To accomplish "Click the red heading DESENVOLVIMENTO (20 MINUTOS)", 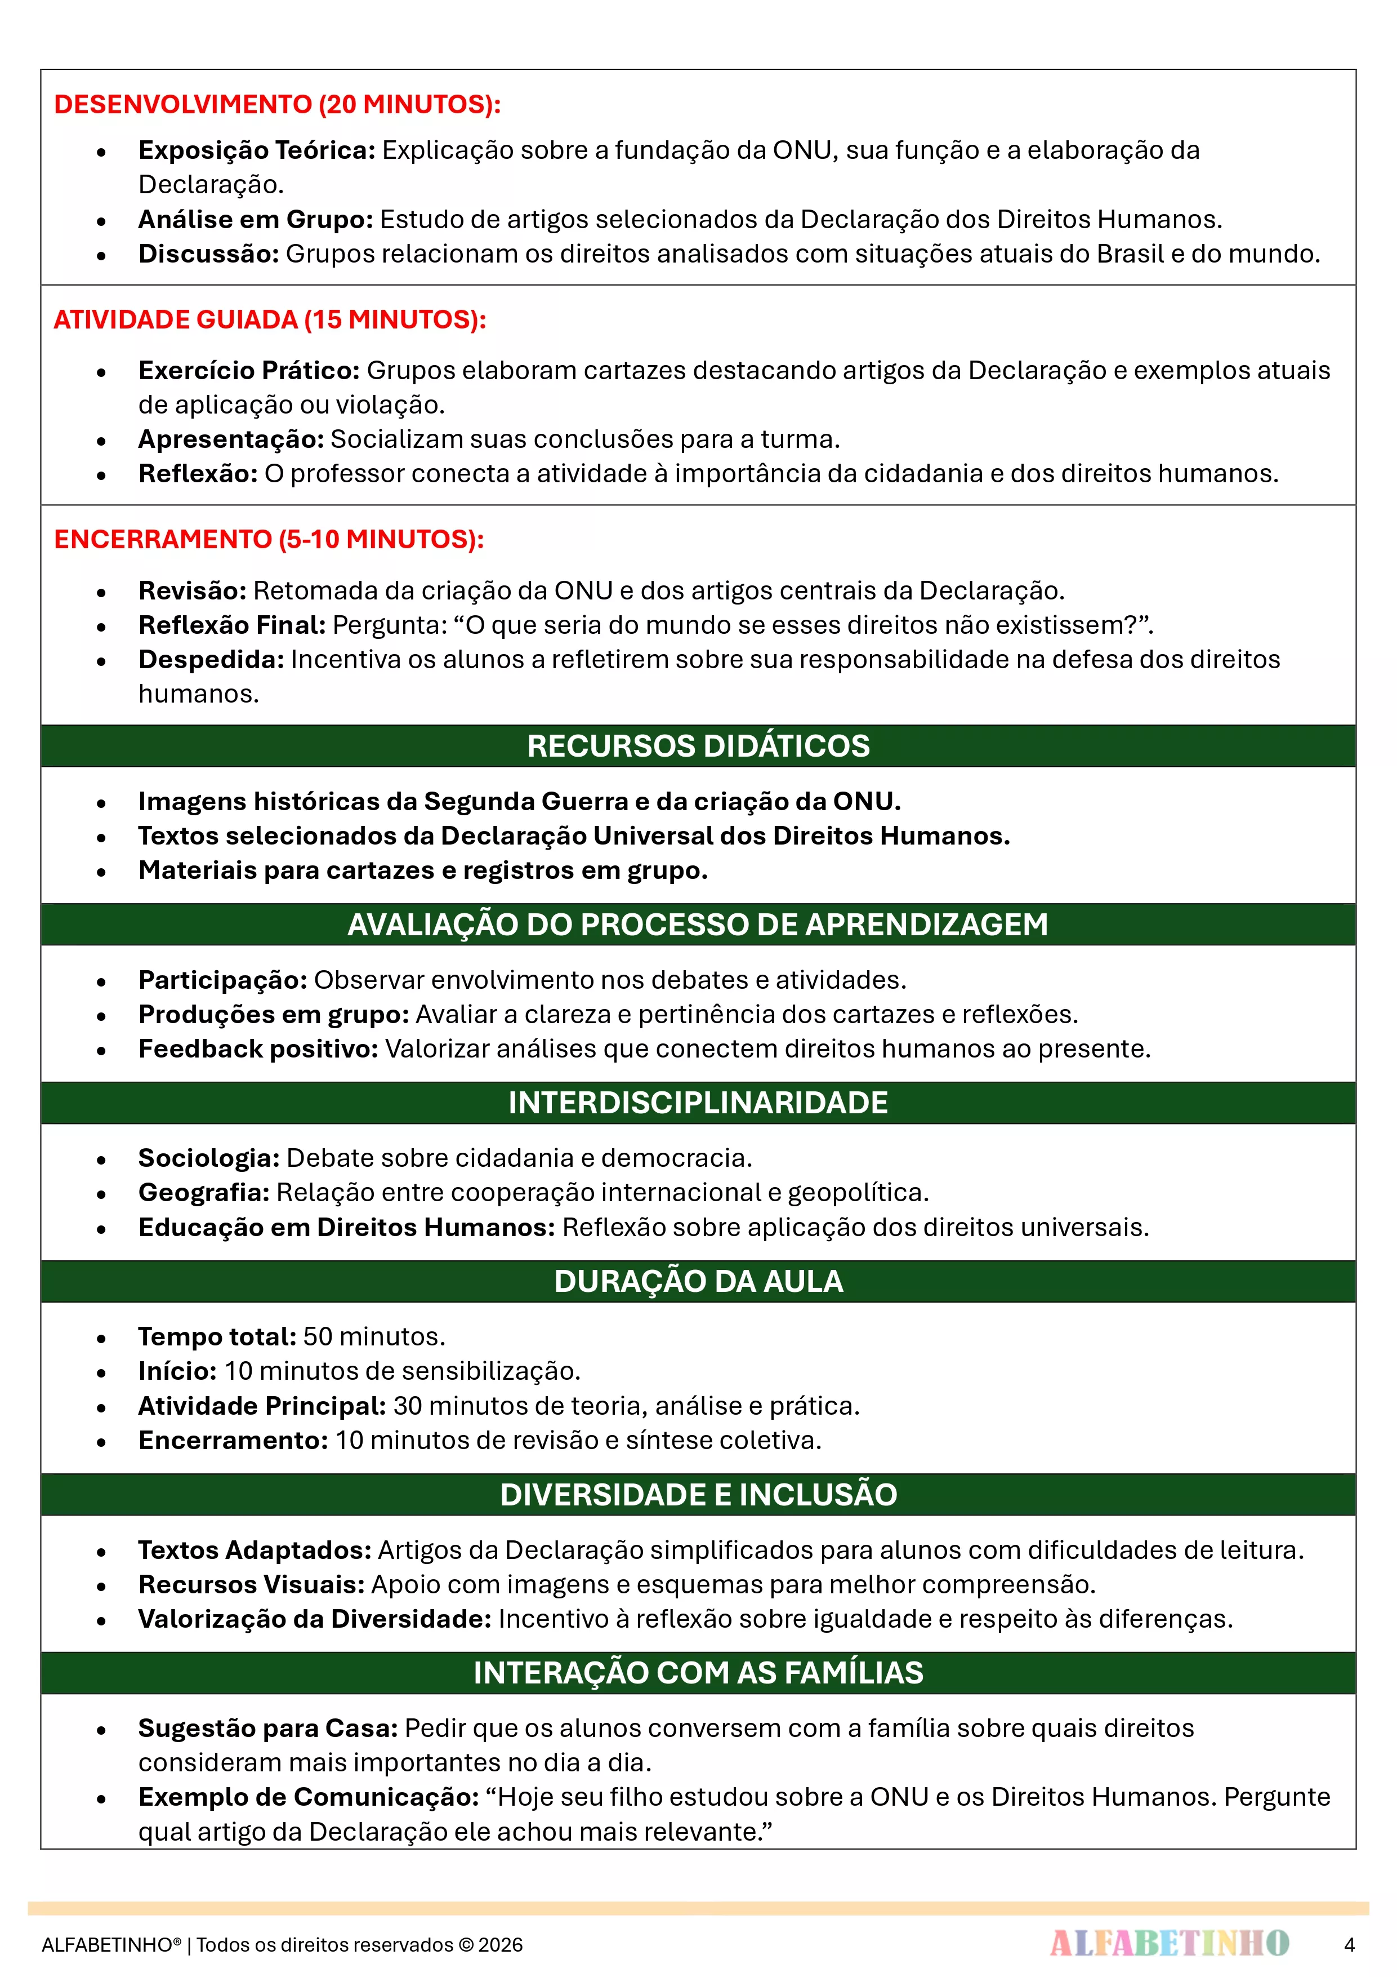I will [277, 104].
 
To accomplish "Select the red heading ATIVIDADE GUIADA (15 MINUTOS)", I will [269, 319].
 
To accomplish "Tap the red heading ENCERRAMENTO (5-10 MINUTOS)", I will [269, 539].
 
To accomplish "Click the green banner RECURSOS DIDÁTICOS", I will [698, 746].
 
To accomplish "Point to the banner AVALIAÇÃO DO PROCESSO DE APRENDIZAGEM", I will [698, 924].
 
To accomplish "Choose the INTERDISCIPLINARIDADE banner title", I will [698, 1102].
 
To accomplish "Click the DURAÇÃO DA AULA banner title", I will [698, 1281].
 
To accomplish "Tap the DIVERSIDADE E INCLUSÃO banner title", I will [698, 1494].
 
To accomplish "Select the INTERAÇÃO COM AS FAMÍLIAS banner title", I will [698, 1672].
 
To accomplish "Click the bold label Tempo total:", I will [217, 1336].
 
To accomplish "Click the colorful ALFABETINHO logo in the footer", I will [1169, 1943].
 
